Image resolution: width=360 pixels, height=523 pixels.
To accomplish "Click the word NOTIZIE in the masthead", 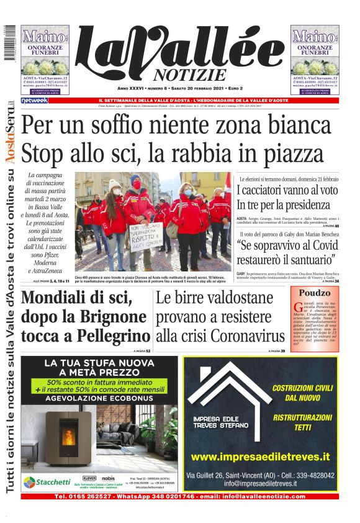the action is (186, 75).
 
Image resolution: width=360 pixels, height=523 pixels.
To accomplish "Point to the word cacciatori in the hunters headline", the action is (271, 190).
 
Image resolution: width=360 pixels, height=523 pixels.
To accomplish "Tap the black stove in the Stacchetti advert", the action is (69, 433).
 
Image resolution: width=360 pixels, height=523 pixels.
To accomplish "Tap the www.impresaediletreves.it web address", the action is (261, 457).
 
